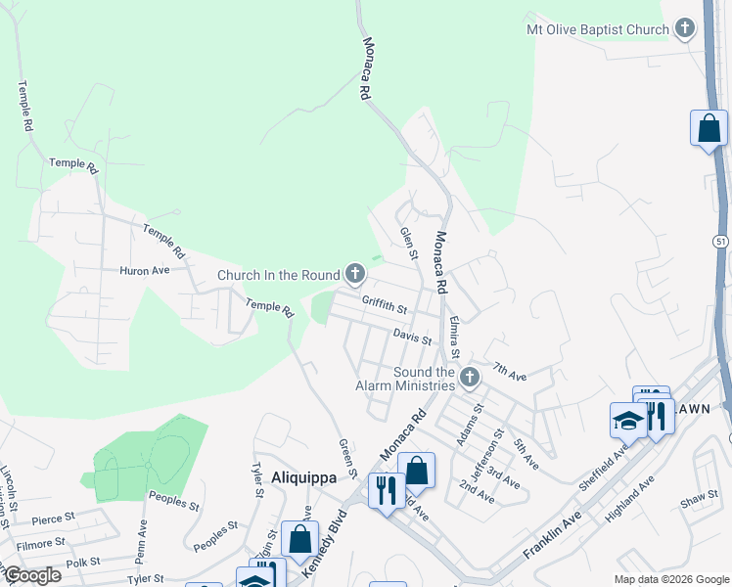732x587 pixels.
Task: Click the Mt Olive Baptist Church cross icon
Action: click(x=684, y=28)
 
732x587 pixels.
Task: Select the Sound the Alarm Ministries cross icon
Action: click(x=470, y=377)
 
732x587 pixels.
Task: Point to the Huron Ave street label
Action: click(x=145, y=270)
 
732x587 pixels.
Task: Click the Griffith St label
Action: click(x=384, y=306)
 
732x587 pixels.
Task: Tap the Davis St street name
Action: click(x=412, y=338)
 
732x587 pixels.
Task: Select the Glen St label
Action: click(x=408, y=244)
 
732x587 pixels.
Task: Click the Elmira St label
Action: click(x=452, y=336)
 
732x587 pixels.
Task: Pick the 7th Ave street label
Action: click(x=510, y=372)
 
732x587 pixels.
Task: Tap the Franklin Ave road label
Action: click(x=553, y=535)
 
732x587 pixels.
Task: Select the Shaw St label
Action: click(x=699, y=500)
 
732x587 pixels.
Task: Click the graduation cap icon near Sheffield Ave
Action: click(x=627, y=420)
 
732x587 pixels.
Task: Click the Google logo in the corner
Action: click(x=32, y=575)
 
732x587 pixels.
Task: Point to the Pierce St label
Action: click(x=53, y=519)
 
